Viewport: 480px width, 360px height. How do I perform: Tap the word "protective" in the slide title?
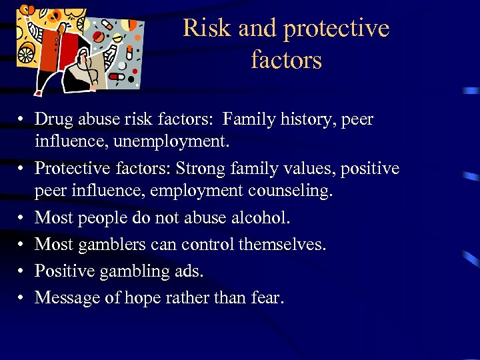point(337,29)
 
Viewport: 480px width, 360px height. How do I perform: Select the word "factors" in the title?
point(287,60)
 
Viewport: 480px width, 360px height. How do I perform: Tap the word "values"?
point(311,168)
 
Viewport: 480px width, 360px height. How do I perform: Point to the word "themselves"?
point(284,245)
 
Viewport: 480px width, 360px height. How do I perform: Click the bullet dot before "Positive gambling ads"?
point(22,271)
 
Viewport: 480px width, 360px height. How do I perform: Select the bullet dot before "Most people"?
point(22,218)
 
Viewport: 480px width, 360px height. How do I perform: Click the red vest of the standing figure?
point(51,57)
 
